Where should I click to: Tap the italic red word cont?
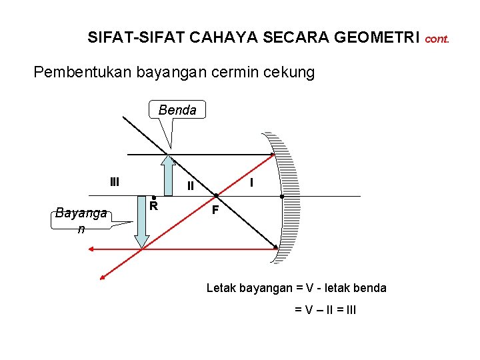pyautogui.click(x=437, y=39)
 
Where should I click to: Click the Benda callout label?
pyautogui.click(x=177, y=110)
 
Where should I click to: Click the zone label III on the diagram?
pyautogui.click(x=115, y=181)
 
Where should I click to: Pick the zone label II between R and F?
pyautogui.click(x=190, y=186)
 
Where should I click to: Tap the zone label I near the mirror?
pyautogui.click(x=251, y=182)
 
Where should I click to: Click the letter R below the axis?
pyautogui.click(x=153, y=206)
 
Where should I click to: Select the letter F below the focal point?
pyautogui.click(x=215, y=211)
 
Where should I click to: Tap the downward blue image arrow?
pyautogui.click(x=141, y=223)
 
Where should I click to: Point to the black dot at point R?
pyautogui.click(x=153, y=197)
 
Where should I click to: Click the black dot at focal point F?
pyautogui.click(x=216, y=197)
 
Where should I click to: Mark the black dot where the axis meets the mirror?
pyautogui.click(x=282, y=197)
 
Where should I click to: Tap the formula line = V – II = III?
pyautogui.click(x=325, y=309)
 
